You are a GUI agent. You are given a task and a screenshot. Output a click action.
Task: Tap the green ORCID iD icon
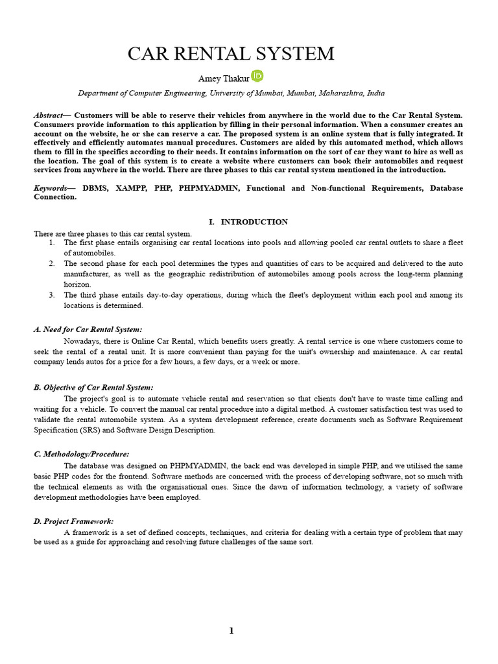(257, 76)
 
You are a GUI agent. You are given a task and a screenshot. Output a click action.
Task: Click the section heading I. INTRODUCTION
(248, 222)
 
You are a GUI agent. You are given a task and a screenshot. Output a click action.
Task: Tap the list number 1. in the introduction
(52, 243)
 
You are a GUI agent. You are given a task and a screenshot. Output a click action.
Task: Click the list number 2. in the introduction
(52, 263)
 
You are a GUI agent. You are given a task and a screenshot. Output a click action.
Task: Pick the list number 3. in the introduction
(52, 295)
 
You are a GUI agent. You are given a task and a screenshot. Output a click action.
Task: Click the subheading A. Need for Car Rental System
(88, 329)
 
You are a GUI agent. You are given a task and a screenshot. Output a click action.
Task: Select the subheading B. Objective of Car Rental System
(93, 387)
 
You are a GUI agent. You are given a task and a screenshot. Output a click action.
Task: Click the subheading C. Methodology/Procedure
(81, 454)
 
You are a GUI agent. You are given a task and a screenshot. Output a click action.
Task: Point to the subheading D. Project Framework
(73, 521)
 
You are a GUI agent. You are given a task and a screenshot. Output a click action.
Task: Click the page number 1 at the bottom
(231, 632)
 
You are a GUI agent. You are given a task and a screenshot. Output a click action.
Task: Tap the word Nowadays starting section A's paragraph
(80, 341)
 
